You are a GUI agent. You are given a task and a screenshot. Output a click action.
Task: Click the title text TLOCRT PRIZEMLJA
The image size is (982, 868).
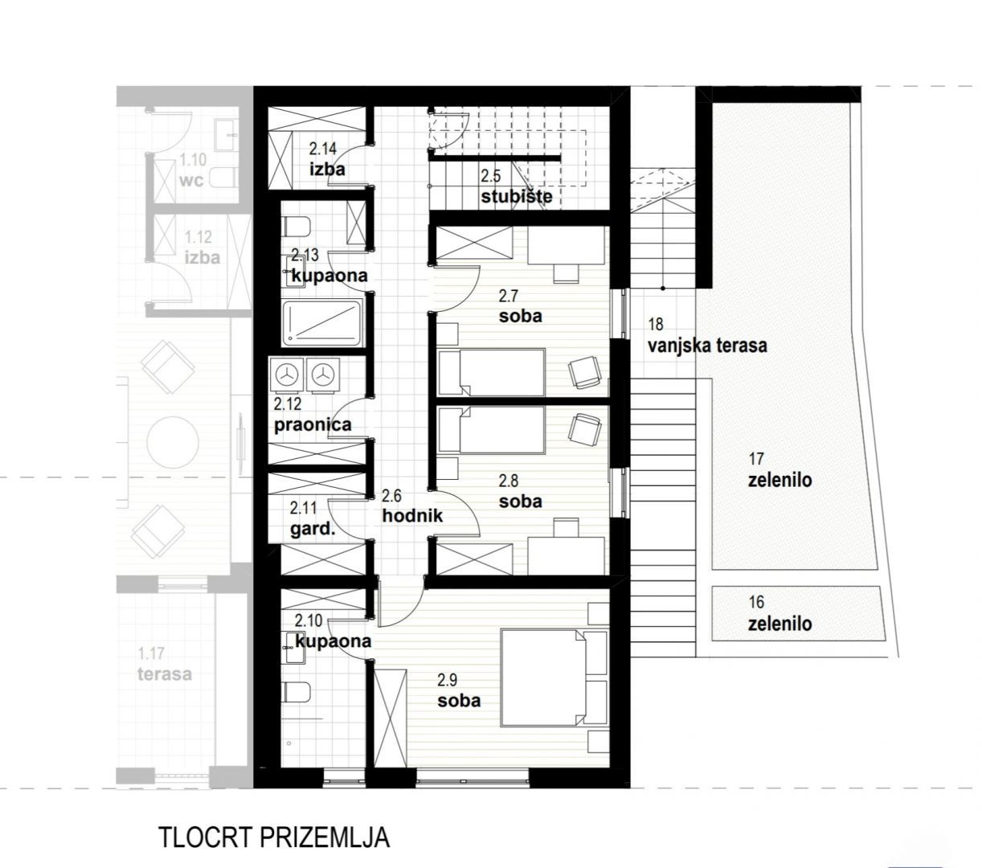coord(274,838)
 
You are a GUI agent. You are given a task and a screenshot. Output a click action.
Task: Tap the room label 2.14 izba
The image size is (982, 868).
coord(327,158)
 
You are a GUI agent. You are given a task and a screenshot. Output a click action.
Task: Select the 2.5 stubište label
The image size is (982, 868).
coord(516,186)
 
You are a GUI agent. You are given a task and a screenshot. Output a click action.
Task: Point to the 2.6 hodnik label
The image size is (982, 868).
coord(412,506)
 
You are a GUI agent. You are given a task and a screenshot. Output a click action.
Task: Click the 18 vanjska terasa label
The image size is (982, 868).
coord(707,335)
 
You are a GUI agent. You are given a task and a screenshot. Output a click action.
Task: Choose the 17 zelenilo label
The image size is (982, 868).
coord(779,470)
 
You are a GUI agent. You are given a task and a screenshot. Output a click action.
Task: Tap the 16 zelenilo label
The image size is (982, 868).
coord(779,613)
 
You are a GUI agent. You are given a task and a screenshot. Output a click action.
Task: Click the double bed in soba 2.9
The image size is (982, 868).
coord(554,678)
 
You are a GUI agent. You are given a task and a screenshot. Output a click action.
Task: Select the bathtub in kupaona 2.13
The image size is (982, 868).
coord(321,322)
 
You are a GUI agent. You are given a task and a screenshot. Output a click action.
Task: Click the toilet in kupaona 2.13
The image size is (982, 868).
coord(297,226)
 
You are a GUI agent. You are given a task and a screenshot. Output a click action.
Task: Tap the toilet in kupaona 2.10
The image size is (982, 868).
coord(297,692)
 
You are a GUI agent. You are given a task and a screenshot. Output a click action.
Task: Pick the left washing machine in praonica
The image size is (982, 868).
coord(289,375)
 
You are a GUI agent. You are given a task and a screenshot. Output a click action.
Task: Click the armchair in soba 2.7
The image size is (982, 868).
coord(583,372)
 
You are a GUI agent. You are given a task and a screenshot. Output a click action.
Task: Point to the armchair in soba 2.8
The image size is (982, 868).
coord(583,430)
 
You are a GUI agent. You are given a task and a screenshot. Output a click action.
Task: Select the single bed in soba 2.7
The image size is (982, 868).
coord(491,372)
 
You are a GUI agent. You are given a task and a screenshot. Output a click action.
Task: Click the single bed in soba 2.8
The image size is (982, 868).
coord(491,430)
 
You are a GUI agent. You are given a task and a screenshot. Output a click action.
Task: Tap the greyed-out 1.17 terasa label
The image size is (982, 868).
coord(165,663)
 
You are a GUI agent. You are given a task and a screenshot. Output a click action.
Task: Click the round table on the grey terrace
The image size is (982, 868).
coord(173,442)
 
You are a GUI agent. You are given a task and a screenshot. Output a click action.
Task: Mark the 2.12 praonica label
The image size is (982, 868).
coord(313,415)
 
